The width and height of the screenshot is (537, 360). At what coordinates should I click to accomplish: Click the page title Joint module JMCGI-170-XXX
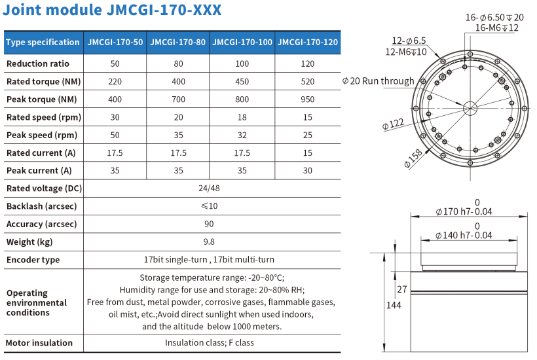(x=112, y=10)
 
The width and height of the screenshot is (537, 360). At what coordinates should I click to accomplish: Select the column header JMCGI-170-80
(x=178, y=43)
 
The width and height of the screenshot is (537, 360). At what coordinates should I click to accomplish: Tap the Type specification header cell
(x=43, y=43)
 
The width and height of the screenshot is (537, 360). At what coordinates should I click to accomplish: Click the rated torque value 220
(x=115, y=82)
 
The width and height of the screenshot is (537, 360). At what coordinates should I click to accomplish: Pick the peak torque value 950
(x=307, y=99)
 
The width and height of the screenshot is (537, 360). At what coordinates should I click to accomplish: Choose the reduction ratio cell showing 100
(x=242, y=64)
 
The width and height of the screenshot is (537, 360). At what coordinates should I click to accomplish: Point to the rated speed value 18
(x=242, y=117)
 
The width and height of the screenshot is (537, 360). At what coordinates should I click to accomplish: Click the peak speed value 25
(x=307, y=135)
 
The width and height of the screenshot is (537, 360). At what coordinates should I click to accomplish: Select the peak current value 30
(x=307, y=171)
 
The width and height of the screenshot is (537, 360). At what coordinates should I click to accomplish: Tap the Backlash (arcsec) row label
(x=41, y=206)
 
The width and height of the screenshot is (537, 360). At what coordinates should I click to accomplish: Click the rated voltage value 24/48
(x=209, y=189)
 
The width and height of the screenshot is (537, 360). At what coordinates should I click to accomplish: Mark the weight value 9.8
(x=209, y=242)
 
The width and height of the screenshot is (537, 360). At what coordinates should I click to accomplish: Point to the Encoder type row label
(x=33, y=260)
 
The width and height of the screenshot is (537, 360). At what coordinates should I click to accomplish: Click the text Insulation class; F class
(x=209, y=342)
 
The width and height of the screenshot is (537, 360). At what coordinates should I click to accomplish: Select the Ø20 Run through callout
(x=379, y=81)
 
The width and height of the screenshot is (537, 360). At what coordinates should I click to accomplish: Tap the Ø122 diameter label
(x=394, y=123)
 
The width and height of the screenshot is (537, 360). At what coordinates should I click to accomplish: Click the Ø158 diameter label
(x=414, y=157)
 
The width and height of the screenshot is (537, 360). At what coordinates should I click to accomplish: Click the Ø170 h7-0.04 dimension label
(x=464, y=211)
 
